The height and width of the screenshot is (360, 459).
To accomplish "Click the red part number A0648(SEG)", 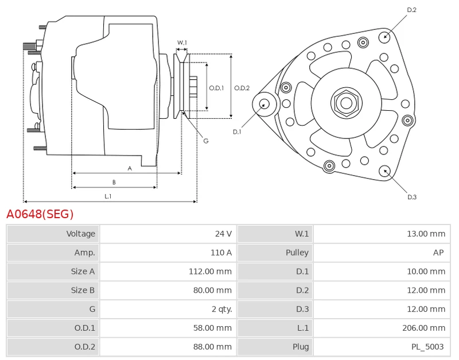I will [x=40, y=215].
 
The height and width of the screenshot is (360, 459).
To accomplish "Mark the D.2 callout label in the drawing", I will [x=411, y=10].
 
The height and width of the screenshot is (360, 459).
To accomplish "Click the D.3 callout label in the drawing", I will [x=411, y=197].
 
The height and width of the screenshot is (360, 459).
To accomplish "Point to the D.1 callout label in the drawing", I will [x=237, y=132].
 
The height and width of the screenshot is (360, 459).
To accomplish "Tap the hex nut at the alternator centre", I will [x=346, y=103].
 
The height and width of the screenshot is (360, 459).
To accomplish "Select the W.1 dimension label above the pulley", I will [x=182, y=42].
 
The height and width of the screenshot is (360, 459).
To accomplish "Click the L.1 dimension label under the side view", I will [x=108, y=196].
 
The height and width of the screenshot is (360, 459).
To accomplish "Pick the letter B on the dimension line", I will [x=114, y=182].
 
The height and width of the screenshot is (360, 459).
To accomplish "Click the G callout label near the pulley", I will [x=205, y=141].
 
